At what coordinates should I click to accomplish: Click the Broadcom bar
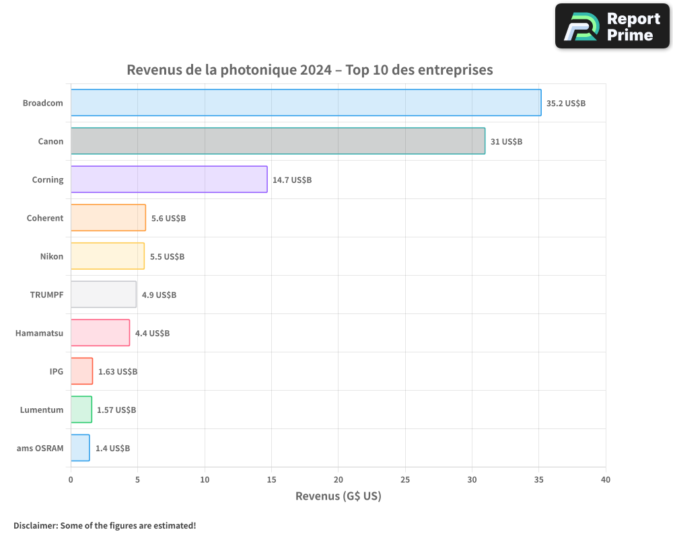point(306,103)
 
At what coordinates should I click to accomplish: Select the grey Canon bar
point(277,141)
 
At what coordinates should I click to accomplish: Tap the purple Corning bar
point(169,180)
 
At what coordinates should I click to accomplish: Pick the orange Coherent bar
point(108,218)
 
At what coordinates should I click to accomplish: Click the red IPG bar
point(81,371)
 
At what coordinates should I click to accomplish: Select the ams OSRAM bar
point(80,448)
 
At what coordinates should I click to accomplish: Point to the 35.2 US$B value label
point(566,104)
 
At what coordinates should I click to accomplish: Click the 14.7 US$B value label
point(292,180)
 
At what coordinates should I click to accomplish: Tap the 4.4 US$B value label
point(152,334)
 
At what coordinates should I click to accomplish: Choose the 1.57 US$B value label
point(116,410)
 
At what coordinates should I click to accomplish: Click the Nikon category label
point(52,256)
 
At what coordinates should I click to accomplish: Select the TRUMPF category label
point(47,295)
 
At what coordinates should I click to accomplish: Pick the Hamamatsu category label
point(40,333)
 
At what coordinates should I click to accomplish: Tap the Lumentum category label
point(42,410)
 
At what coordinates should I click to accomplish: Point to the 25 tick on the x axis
point(405,479)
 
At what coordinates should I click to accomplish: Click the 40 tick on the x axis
point(606,479)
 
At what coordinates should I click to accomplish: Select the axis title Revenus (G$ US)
point(339,496)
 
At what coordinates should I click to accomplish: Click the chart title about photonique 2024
point(310,70)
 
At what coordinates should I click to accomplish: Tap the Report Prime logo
point(612,26)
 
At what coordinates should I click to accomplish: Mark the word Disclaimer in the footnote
point(35,525)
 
